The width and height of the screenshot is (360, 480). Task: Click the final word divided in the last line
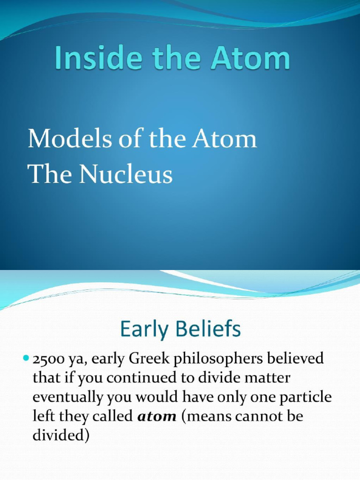(x=60, y=435)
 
